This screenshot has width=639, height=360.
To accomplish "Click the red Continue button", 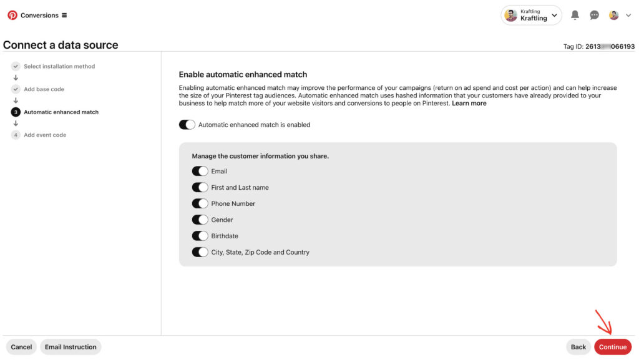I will coord(612,347).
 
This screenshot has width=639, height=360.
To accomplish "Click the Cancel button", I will coord(21,347).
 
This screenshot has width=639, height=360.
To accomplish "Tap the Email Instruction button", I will coord(71,347).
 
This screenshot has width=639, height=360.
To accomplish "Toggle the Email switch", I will coord(200,171).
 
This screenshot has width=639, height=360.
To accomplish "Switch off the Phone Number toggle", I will coord(200,203).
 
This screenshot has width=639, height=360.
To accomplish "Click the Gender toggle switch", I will coord(200,220).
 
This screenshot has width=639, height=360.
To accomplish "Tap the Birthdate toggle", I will coord(200,236).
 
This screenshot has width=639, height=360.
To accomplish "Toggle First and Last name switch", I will coord(200,187).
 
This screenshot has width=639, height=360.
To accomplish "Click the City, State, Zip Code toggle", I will coord(200,252).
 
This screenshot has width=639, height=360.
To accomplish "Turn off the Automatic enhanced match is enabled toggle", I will coord(187,125).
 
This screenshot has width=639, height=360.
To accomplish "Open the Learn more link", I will coord(469,104).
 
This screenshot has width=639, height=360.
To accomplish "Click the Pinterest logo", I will coord(12,15).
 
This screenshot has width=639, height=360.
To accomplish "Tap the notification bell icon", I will coord(575,15).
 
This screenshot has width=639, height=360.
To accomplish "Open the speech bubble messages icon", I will coord(595,15).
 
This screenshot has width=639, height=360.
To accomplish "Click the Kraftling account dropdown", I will coord(531,15).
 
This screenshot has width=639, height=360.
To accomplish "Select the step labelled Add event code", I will coord(45,135).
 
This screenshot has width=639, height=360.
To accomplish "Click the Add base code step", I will coord(44,89).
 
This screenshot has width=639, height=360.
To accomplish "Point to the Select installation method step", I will coord(59,66).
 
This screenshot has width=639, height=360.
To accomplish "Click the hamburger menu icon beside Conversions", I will coord(64,15).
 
